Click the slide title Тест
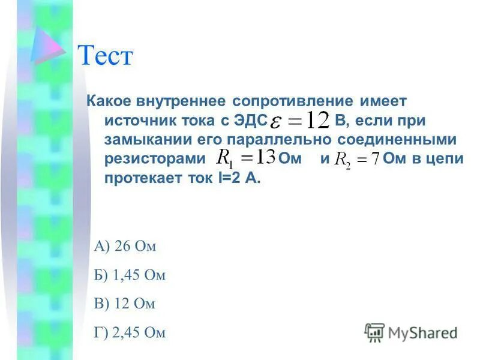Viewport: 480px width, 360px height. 105,57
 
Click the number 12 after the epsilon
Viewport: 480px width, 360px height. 316,120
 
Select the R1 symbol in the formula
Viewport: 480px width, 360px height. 224,158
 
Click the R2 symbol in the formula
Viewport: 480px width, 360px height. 343,160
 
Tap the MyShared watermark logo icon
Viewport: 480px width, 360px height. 374,332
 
